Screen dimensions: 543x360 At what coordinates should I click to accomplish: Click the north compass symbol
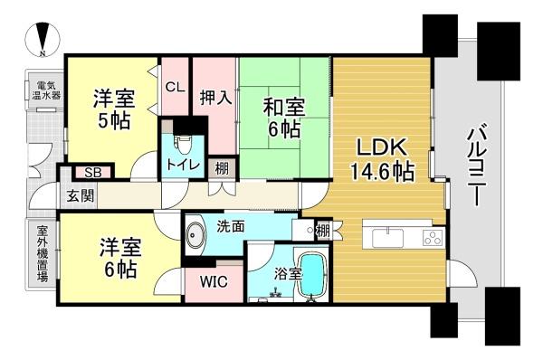click(43, 40)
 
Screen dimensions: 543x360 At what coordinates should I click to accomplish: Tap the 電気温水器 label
click(46, 90)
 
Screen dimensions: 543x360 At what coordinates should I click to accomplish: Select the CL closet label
click(175, 87)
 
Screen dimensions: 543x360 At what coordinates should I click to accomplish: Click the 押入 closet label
click(215, 98)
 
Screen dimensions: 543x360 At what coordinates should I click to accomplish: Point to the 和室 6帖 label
click(283, 118)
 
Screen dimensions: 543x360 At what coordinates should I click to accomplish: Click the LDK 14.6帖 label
click(382, 159)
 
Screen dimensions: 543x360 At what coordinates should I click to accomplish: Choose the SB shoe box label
click(93, 173)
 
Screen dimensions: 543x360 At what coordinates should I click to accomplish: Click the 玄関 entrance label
click(81, 196)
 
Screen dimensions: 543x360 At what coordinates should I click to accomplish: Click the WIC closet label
click(214, 282)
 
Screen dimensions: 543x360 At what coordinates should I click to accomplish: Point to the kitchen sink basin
click(387, 238)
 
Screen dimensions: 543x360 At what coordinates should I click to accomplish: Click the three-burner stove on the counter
click(433, 238)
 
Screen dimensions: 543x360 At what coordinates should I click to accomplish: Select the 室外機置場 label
click(43, 254)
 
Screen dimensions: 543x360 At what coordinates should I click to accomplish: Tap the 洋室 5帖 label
click(114, 109)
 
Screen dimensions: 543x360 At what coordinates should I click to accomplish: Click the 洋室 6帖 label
click(120, 258)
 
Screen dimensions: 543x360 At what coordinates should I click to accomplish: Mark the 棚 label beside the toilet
click(222, 168)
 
